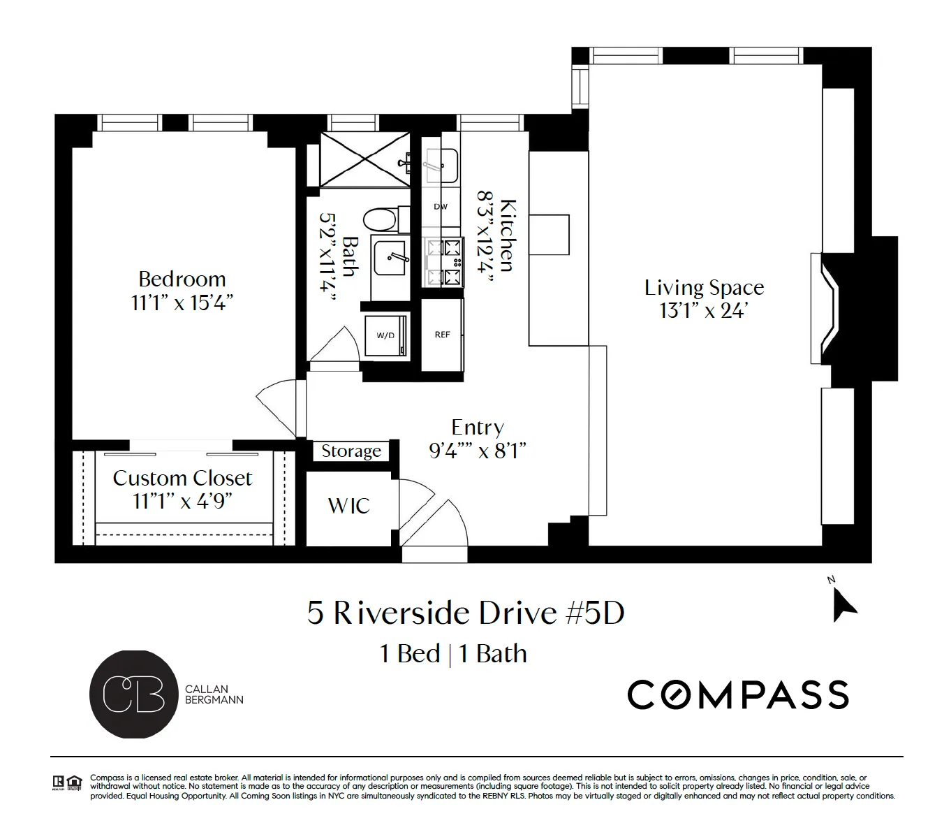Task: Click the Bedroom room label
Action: pos(182,279)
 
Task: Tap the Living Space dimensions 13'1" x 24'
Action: pos(703,311)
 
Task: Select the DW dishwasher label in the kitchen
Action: pos(441,207)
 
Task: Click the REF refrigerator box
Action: pos(442,335)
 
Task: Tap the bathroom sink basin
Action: pos(390,258)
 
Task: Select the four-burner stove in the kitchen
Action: pos(444,262)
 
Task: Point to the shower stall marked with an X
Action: pos(364,161)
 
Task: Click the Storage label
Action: pos(351,451)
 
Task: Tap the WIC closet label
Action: pos(348,506)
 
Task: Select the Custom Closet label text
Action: pos(182,479)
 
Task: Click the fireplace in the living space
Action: pos(831,308)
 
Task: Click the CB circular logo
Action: pos(133,694)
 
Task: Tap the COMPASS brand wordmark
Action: pos(737,694)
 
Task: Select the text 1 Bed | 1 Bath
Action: pos(452,654)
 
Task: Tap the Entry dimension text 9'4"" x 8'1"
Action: pos(477,451)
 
